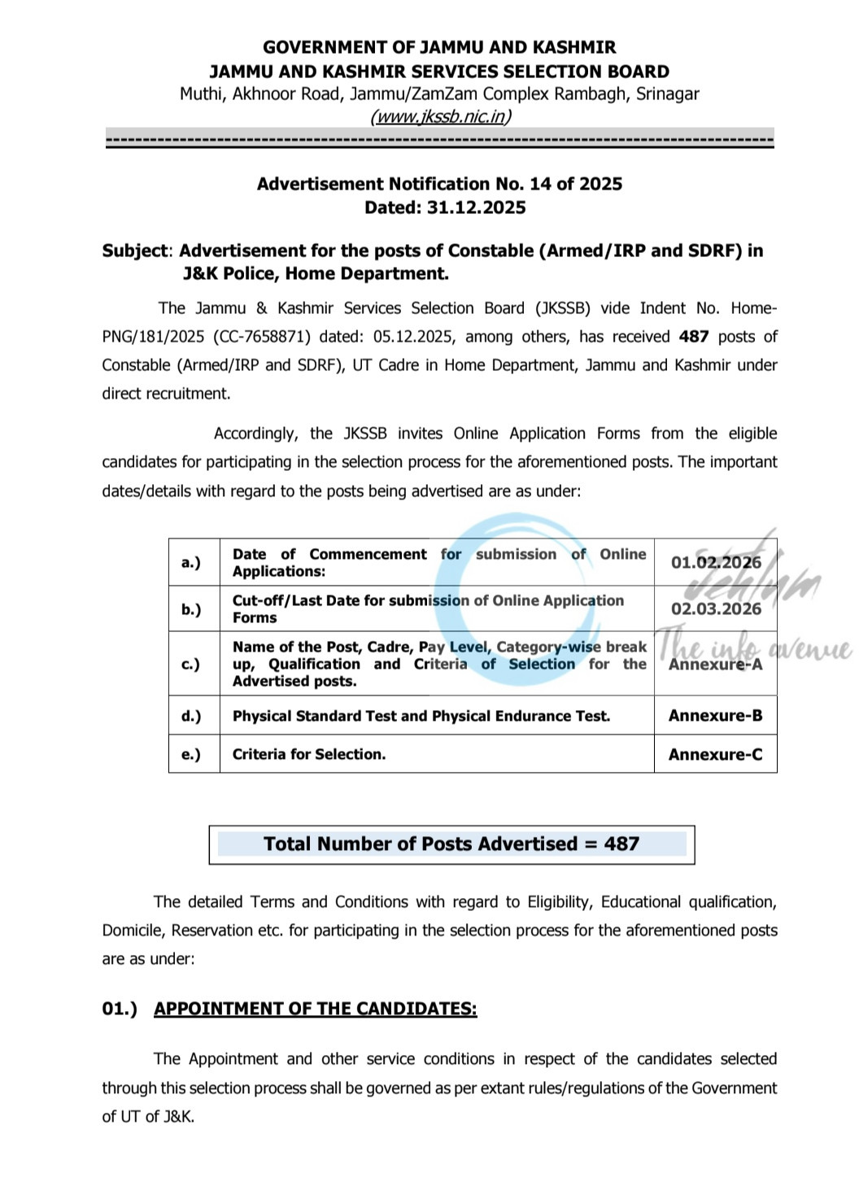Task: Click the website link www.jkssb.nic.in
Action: pos(440,116)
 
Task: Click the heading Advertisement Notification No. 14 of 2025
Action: pos(439,184)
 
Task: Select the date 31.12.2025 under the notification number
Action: pos(476,207)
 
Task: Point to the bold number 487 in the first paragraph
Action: pos(694,337)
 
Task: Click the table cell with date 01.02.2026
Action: pos(716,562)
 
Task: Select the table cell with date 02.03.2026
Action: pos(716,608)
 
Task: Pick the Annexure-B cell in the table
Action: pos(716,716)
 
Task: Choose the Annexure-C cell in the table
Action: pos(716,754)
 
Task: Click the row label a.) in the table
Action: pos(191,562)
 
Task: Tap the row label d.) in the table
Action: pos(191,716)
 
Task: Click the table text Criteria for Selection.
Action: pos(309,754)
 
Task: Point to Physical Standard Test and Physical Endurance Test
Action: pos(421,716)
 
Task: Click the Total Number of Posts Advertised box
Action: pos(451,844)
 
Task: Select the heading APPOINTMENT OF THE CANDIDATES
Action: pos(316,1009)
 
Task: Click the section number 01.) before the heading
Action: pos(120,1009)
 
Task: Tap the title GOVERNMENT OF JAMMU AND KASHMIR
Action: pos(439,47)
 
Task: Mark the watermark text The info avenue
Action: pos(752,647)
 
